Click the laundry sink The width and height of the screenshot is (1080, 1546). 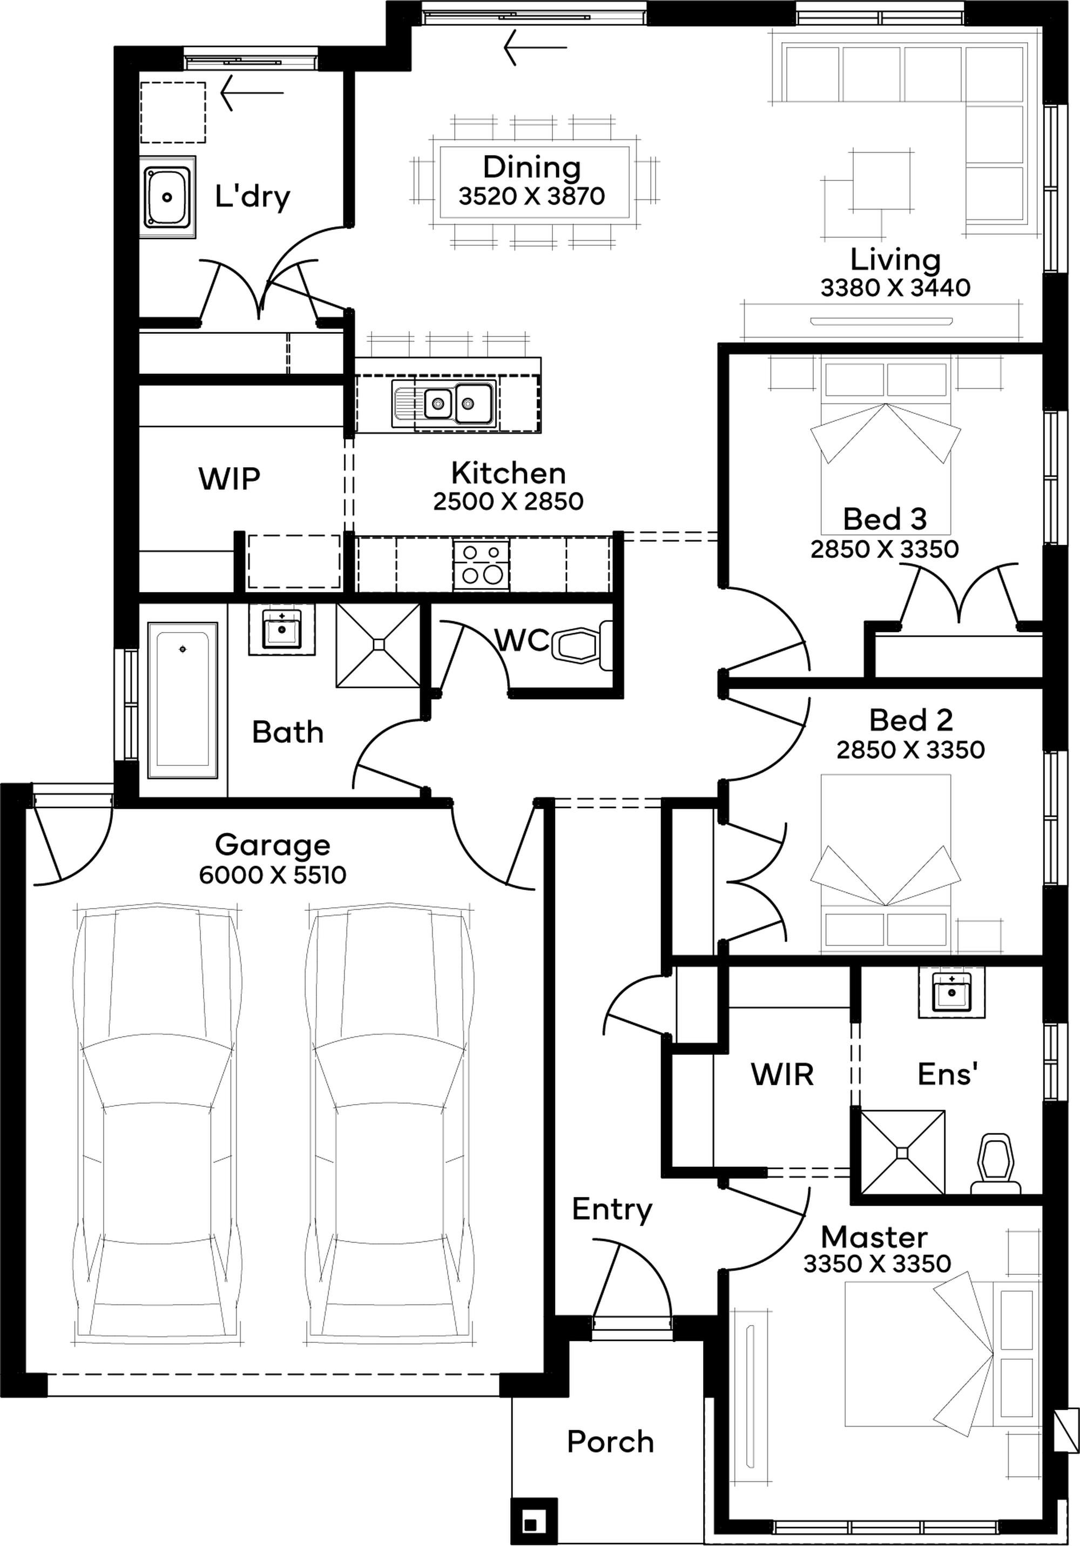(167, 197)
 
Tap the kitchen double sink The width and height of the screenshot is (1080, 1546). (444, 404)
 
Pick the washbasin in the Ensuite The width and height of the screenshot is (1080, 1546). (951, 991)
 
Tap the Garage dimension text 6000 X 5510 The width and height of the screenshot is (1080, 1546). (273, 875)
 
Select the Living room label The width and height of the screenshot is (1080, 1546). (895, 259)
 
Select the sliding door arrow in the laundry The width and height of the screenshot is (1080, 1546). (252, 92)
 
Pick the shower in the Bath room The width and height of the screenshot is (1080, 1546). (379, 645)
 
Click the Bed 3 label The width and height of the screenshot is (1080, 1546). (885, 519)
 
